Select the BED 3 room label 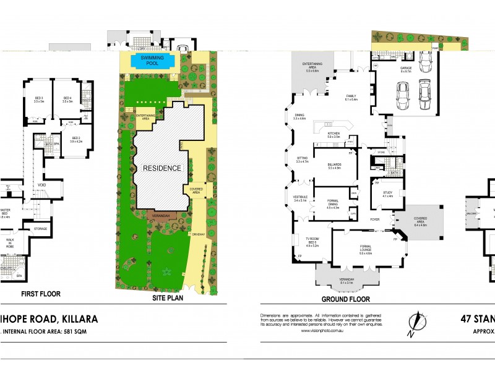(x=38, y=100)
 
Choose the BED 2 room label (x=76, y=139)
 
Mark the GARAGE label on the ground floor (x=405, y=70)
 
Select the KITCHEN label (x=334, y=134)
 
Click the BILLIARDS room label (x=335, y=166)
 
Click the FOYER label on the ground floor (x=375, y=219)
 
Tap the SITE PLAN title (x=169, y=298)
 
